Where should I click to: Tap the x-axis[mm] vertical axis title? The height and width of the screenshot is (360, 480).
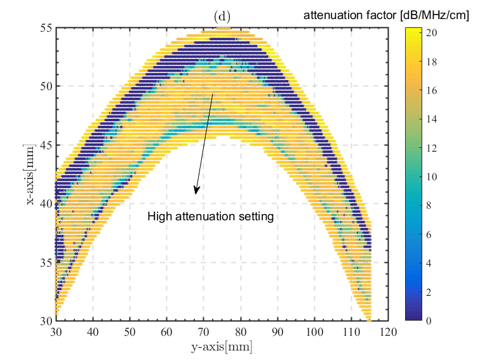(x=30, y=175)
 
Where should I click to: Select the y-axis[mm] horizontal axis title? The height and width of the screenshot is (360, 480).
(x=222, y=347)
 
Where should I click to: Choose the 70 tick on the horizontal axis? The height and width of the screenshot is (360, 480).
(x=204, y=331)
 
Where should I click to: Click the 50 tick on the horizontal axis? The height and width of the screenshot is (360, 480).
(x=130, y=331)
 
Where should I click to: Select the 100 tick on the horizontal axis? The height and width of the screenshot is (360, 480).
(x=315, y=331)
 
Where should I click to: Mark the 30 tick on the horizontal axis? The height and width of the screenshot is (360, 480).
(x=56, y=331)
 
